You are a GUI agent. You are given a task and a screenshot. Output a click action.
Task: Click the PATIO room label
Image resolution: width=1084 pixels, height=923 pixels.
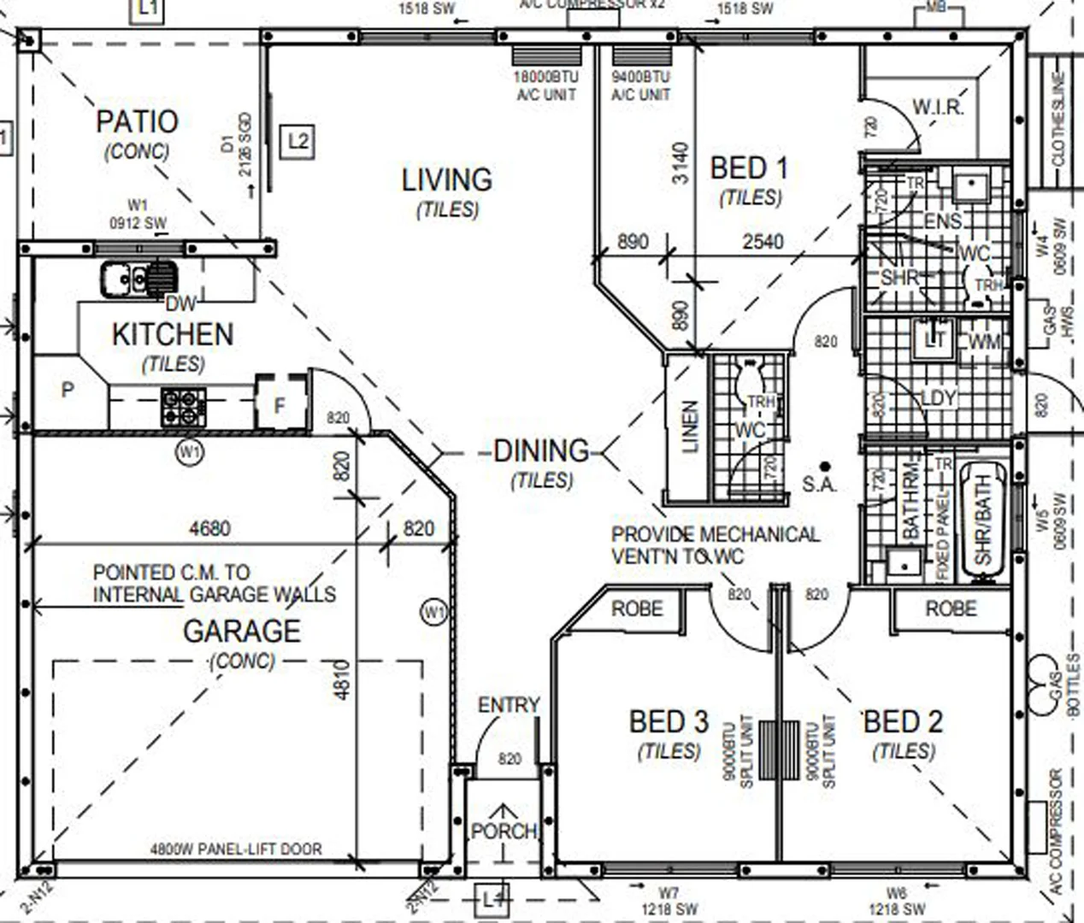[x=137, y=122]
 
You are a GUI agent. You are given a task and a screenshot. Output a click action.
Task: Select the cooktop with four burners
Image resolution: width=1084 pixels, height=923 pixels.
[x=184, y=407]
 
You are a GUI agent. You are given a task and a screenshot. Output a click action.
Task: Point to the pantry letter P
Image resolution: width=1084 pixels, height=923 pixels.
[x=68, y=391]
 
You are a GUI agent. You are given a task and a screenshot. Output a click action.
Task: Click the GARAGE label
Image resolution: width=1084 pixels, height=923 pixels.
[x=242, y=632]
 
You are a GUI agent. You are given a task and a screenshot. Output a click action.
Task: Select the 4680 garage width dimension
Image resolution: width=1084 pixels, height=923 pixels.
[x=209, y=529]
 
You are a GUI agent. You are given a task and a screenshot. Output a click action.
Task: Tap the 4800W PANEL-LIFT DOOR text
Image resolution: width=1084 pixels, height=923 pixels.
[x=236, y=850]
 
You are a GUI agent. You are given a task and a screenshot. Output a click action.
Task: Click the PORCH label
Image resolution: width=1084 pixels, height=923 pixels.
[x=504, y=831]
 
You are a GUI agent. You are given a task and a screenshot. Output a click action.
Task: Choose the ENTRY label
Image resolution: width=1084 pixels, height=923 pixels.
[x=509, y=705]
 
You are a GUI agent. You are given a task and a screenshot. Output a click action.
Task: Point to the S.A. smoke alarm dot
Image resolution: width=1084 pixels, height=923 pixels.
[x=825, y=467]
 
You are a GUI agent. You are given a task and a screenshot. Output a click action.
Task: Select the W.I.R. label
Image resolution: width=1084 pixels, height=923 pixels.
[x=938, y=108]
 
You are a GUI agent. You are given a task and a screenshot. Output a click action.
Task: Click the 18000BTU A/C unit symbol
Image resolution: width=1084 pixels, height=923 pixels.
[x=547, y=56]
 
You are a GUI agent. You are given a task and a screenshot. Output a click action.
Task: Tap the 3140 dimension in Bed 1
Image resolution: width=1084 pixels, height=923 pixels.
[x=680, y=163]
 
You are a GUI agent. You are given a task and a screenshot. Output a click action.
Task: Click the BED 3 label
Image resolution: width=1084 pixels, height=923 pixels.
[x=669, y=722]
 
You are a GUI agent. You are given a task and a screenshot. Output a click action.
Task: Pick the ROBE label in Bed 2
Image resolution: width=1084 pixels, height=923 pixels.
[x=951, y=608]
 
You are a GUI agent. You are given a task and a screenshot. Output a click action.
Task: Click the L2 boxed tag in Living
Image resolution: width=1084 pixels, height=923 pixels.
[x=298, y=141]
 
